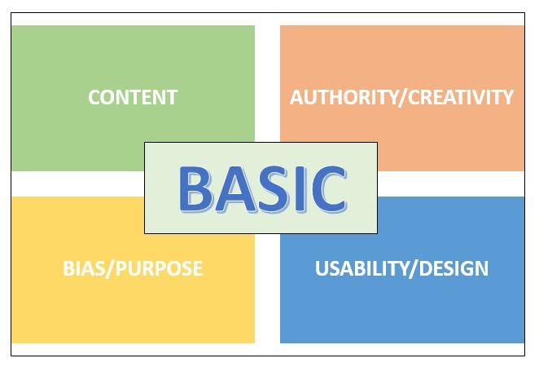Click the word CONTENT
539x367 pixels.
(x=133, y=97)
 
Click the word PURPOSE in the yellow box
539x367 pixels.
(x=160, y=268)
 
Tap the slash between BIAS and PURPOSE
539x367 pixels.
(x=113, y=268)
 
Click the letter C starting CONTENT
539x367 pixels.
(x=94, y=97)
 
